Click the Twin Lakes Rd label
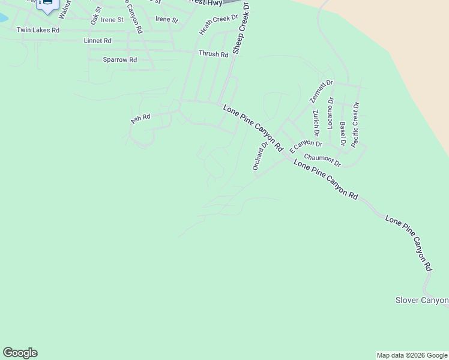click(x=38, y=30)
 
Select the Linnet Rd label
click(x=98, y=41)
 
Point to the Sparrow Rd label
click(x=120, y=60)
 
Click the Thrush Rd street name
click(x=214, y=54)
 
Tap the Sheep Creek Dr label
click(x=241, y=28)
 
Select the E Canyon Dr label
click(x=306, y=146)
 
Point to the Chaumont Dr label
click(x=322, y=160)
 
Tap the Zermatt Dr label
click(x=321, y=91)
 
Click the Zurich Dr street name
click(x=316, y=122)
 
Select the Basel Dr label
click(x=343, y=134)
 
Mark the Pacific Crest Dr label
click(x=355, y=125)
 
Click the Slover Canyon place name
click(x=422, y=300)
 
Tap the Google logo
click(x=20, y=353)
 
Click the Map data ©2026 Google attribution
click(x=412, y=355)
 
